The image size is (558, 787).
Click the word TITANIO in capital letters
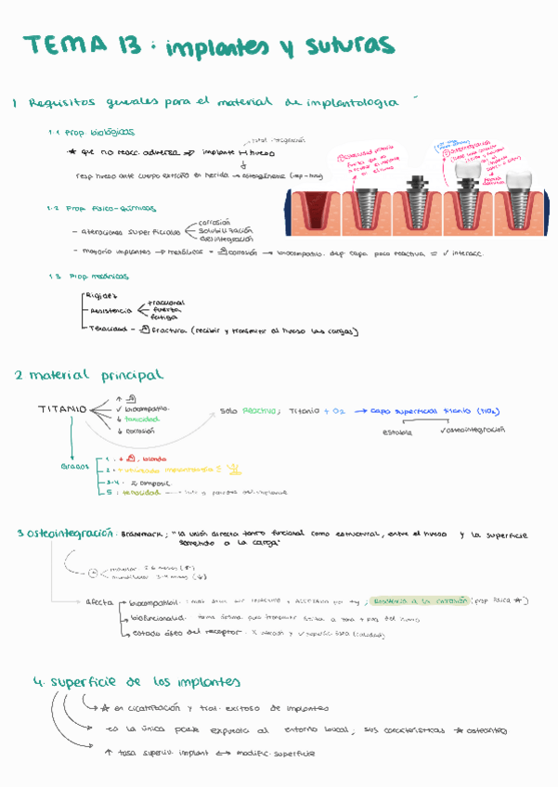62,409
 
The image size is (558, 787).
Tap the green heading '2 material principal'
89,376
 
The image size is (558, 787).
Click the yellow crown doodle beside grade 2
232,469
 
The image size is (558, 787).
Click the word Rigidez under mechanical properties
97,296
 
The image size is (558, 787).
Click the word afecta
99,602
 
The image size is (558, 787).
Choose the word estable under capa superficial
398,431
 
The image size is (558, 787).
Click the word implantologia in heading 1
352,102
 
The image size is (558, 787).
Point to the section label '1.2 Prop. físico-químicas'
101,209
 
